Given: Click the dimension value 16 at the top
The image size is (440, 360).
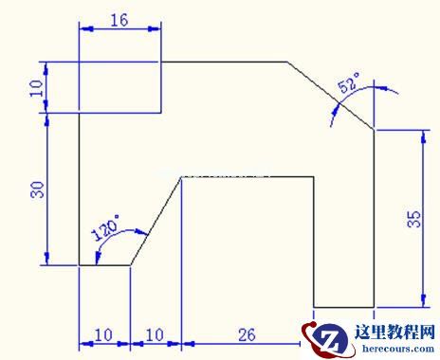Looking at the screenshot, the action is pos(119,20).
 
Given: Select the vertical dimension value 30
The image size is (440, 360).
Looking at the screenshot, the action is pos(38,189).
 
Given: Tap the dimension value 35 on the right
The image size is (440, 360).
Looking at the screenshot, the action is pos(414,219).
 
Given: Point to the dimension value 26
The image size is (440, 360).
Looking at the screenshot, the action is pos(247,335).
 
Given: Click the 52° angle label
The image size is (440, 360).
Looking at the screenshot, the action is pos(349,82).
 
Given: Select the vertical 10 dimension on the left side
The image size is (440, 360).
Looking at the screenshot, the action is pos(36,88).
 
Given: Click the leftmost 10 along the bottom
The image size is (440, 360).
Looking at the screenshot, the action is pos(103,335).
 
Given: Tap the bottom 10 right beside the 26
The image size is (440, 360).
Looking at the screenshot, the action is pos(155,335).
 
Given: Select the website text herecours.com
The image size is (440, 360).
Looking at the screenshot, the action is pos(398,349).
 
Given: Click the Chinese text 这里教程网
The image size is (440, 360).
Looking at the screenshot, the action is pos(394,333).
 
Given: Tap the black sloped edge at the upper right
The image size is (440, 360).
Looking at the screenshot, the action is pos(331,96).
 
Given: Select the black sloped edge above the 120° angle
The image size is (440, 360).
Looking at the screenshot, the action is pos(156,221).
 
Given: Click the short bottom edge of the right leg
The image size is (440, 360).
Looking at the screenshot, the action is pos(344,307).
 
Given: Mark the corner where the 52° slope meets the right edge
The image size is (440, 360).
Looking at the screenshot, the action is pos(375,130).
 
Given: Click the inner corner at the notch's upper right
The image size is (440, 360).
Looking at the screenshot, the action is pos(314,177).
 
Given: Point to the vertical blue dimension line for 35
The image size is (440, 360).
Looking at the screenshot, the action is pos(424,218).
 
